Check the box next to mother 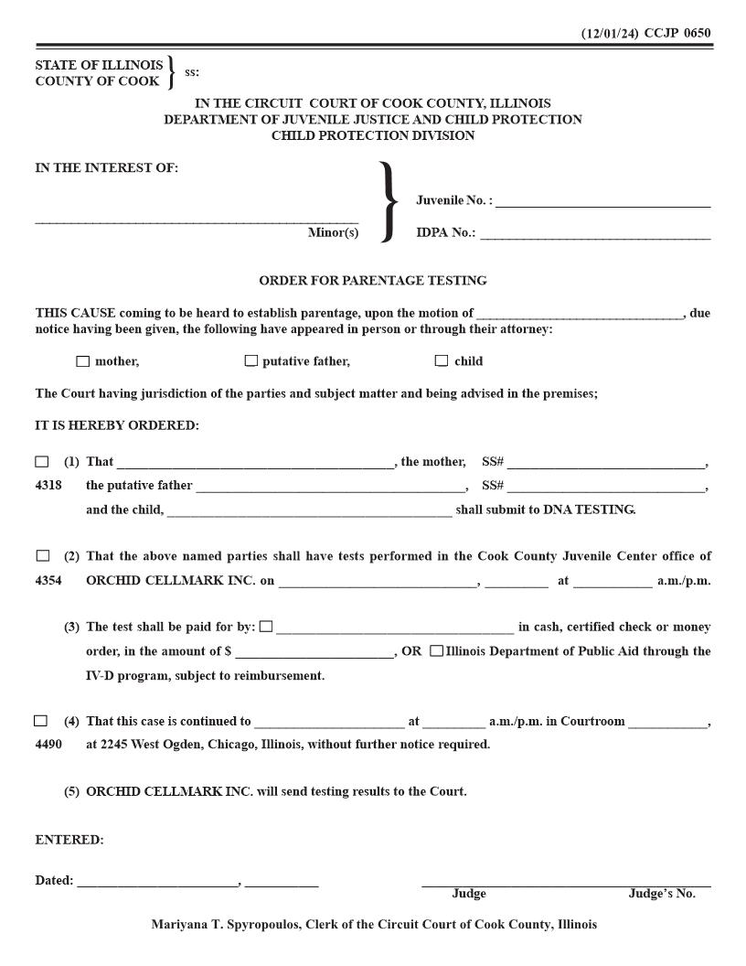[x=83, y=361]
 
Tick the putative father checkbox [x=251, y=361]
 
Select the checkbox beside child [x=442, y=361]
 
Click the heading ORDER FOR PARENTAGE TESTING [x=373, y=281]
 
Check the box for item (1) [x=42, y=462]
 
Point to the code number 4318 [x=48, y=486]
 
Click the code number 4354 [x=48, y=581]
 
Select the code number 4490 [x=48, y=745]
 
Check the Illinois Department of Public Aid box [x=436, y=651]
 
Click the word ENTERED [x=69, y=840]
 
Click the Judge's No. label [x=661, y=894]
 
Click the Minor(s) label [x=333, y=233]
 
